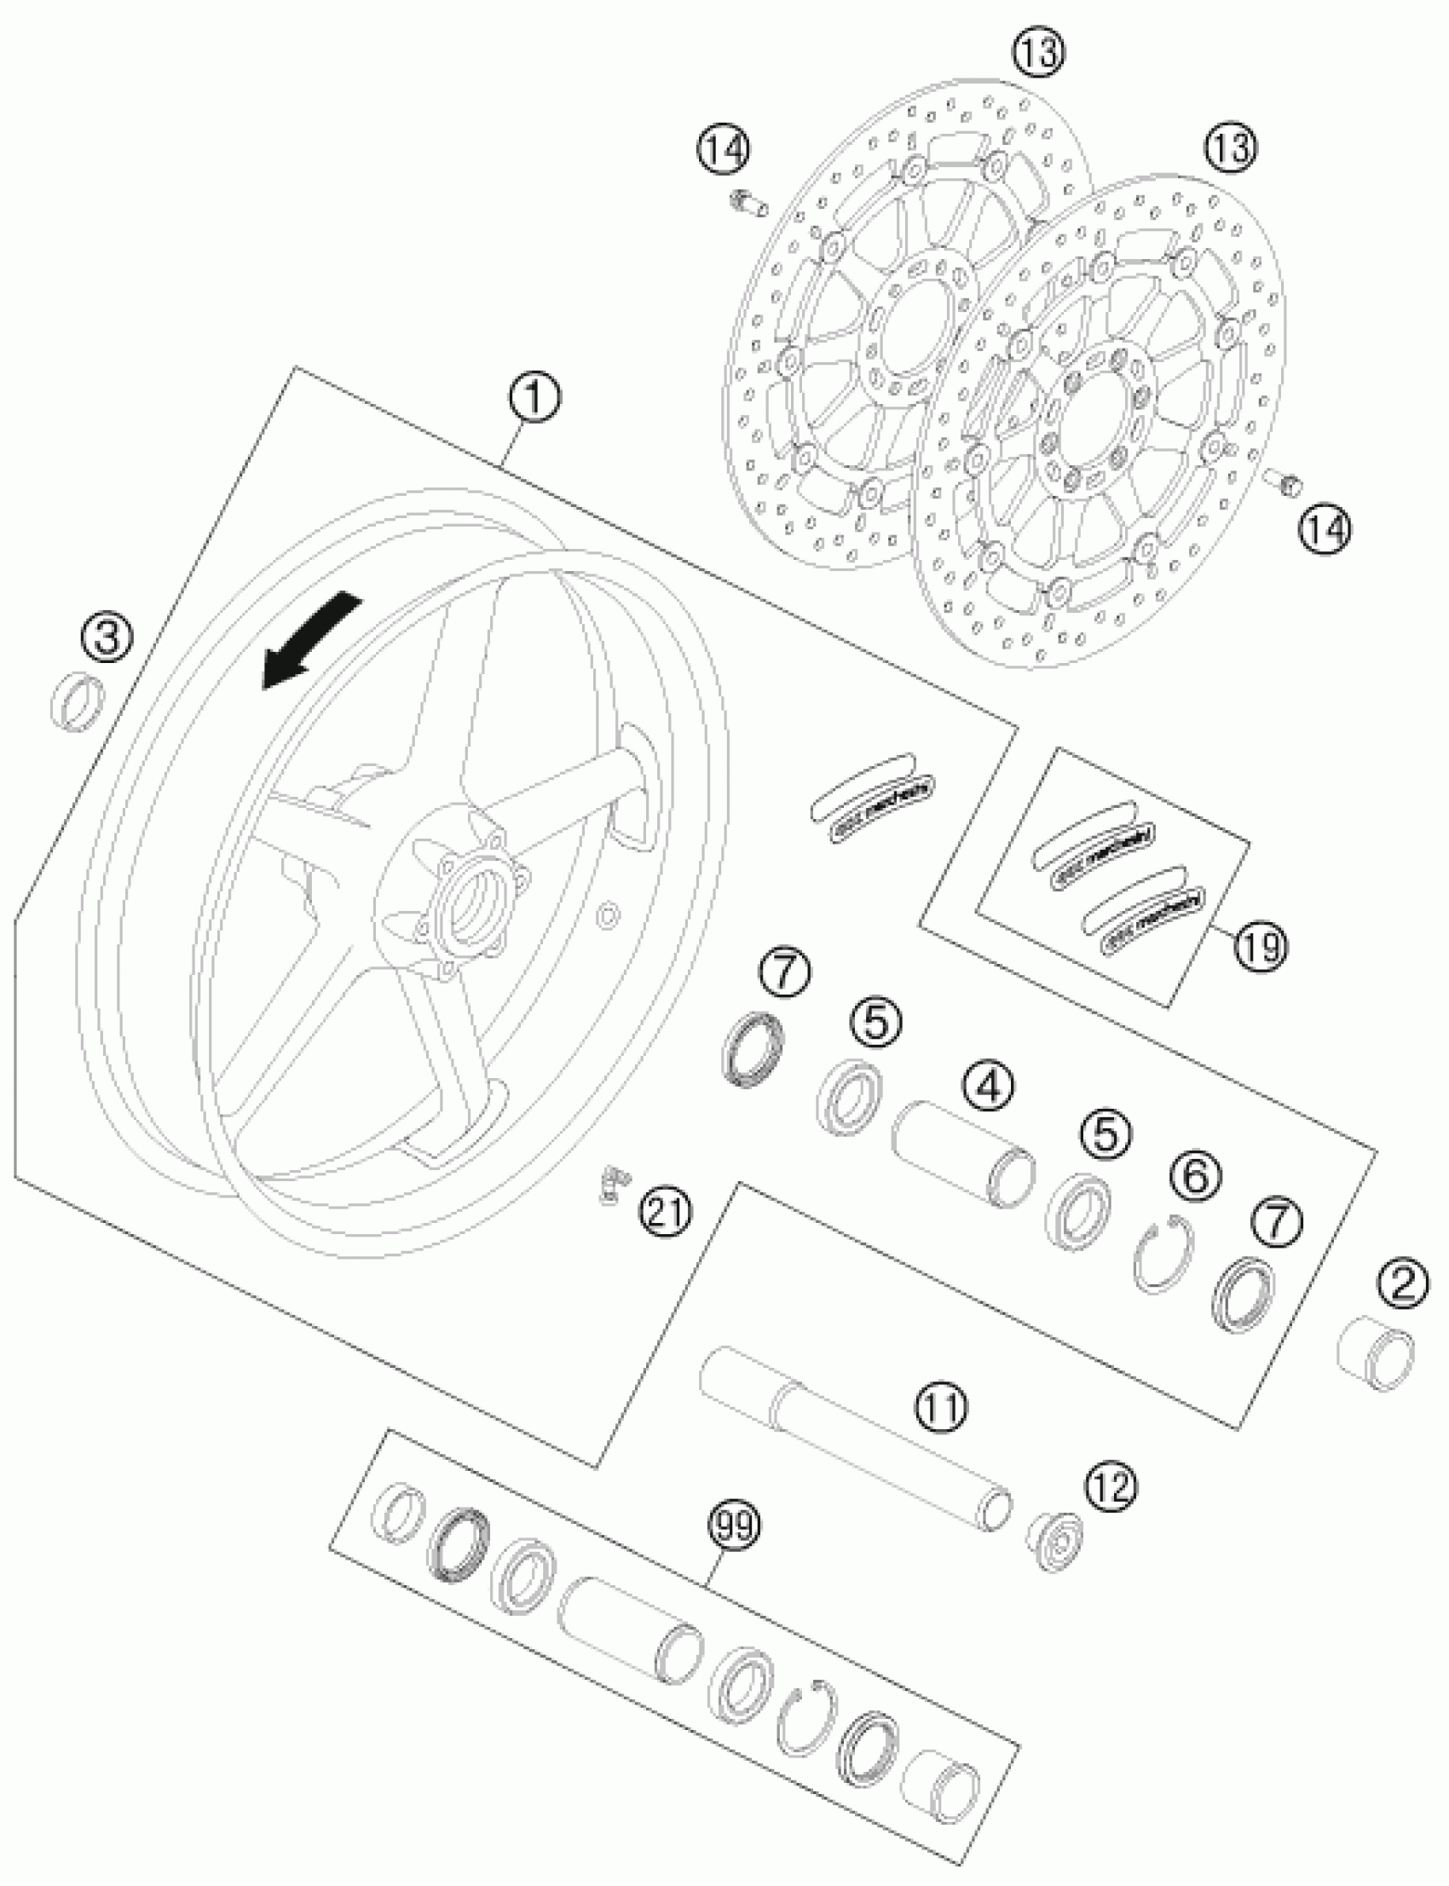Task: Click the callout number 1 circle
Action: point(533,398)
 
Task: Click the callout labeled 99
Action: point(734,1526)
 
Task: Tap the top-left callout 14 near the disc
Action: point(724,149)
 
